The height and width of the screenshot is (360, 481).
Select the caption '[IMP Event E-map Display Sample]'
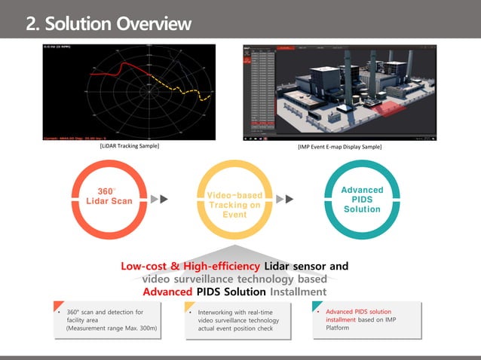[x=340, y=147]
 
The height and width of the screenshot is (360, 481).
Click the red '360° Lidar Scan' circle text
[x=110, y=196]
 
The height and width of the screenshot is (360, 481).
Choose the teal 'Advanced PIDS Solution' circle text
[x=362, y=200]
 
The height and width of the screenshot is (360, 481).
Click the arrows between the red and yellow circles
[x=158, y=200]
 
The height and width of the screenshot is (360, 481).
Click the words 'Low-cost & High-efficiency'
[x=191, y=267]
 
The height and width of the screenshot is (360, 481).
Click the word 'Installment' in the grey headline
[x=298, y=291]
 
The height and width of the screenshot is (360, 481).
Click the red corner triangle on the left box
[x=57, y=306]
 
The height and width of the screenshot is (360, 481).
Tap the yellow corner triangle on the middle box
[x=188, y=306]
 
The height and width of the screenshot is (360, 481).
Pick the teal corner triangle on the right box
[x=316, y=306]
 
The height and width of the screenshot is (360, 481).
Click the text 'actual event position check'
[x=235, y=328]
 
